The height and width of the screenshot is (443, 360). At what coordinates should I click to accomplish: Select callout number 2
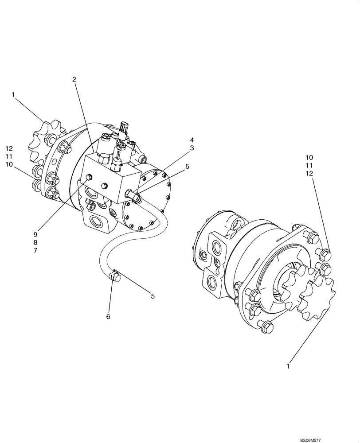(x=74, y=79)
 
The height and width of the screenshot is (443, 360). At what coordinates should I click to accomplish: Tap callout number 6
(x=108, y=316)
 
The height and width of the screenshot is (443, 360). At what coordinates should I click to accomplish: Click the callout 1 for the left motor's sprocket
(x=14, y=94)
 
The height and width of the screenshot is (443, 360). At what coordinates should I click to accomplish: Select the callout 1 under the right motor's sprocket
(x=289, y=366)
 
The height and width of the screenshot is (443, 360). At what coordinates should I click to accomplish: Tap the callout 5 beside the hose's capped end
(x=153, y=296)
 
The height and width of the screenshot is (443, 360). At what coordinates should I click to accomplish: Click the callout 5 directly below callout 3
(x=187, y=167)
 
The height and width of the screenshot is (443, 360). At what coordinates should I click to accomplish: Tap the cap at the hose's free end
(x=116, y=278)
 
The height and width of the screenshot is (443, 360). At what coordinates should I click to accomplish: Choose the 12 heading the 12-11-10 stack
(x=9, y=148)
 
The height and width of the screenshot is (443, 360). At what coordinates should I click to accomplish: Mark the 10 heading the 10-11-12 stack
(x=309, y=157)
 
